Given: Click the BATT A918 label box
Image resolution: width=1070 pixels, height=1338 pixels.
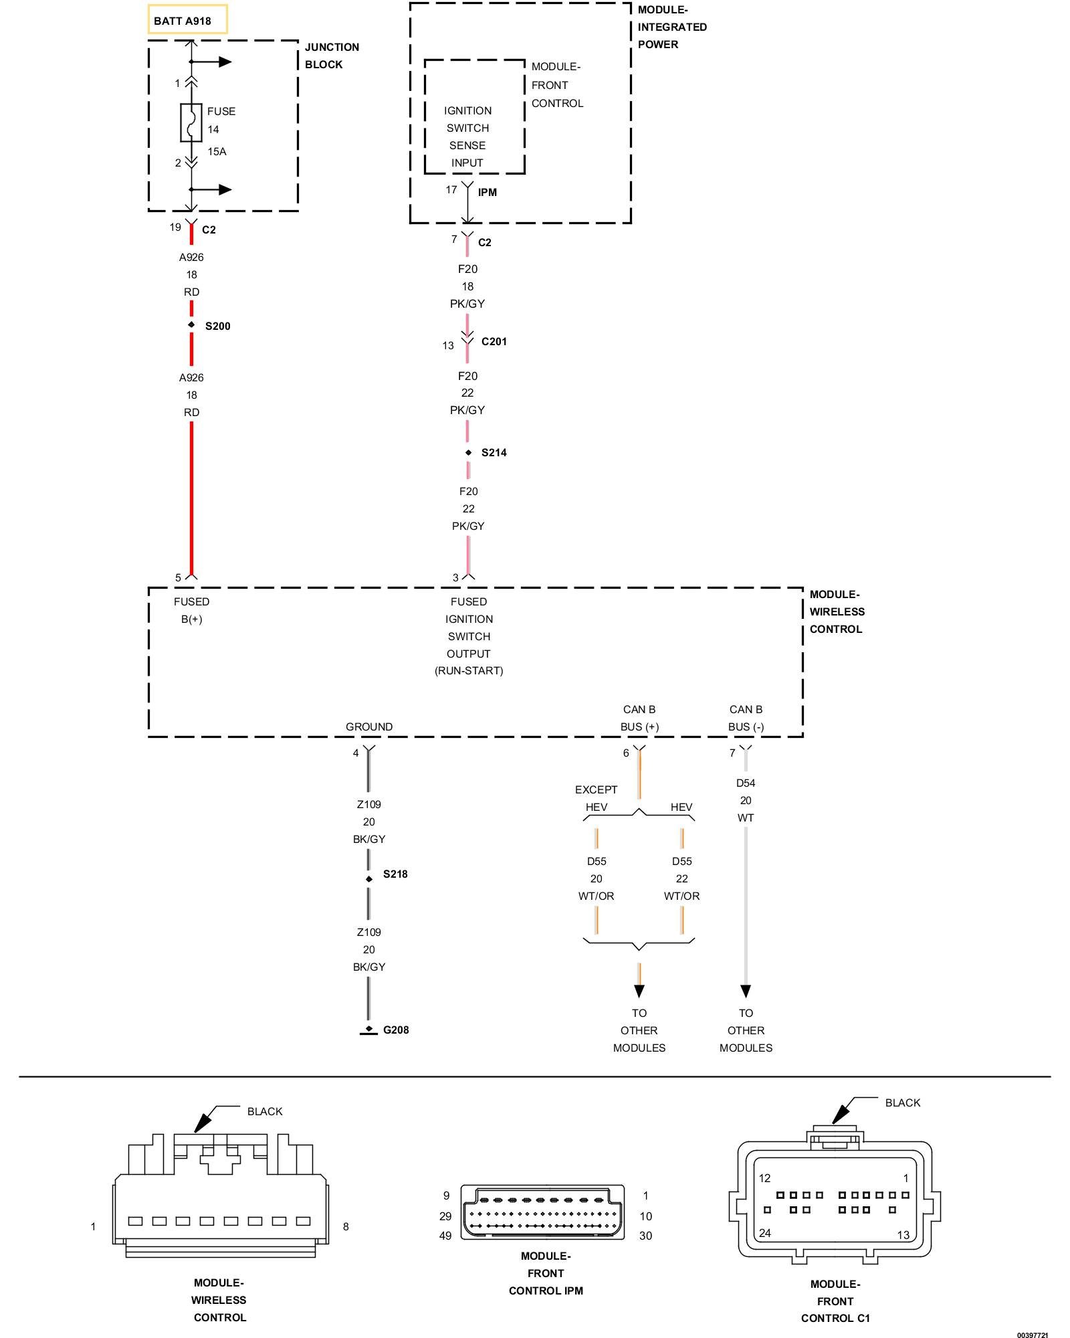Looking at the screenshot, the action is tap(187, 19).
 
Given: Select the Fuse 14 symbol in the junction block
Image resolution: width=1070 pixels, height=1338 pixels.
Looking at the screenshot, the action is tap(191, 122).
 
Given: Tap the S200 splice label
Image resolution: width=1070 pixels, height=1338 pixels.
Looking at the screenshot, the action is tap(218, 326).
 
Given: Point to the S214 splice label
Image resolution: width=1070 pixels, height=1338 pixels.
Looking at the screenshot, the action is tap(494, 453).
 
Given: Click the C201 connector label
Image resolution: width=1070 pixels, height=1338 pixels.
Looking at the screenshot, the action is tap(494, 342).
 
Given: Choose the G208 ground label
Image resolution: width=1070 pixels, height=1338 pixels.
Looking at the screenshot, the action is tap(396, 1030).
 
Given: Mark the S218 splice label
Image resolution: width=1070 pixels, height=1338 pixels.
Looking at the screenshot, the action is tap(395, 874).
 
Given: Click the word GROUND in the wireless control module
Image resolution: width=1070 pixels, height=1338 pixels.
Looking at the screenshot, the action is tap(369, 727).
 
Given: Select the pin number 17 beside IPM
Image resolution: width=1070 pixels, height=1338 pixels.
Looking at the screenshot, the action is tap(451, 190).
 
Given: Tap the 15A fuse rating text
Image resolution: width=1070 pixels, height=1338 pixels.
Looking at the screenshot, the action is tap(217, 152).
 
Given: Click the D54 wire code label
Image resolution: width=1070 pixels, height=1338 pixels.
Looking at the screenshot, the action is tap(746, 783).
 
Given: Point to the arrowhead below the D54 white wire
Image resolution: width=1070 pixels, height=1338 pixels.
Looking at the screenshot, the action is tap(746, 991).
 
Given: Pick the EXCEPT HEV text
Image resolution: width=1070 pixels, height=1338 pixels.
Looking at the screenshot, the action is tap(596, 799).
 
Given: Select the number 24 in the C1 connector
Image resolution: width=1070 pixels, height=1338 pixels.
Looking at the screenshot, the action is tap(765, 1233).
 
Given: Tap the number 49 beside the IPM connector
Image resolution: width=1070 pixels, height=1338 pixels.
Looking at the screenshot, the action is tap(445, 1236).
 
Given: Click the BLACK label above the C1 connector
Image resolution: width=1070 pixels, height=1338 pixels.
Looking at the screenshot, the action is tap(903, 1103).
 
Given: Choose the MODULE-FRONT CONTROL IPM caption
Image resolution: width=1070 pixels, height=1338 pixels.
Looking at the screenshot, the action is tap(546, 1274).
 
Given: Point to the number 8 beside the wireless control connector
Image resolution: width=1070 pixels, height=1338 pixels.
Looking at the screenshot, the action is tap(346, 1227).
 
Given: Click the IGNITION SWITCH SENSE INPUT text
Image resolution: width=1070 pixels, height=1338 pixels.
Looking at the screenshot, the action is tap(467, 137).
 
